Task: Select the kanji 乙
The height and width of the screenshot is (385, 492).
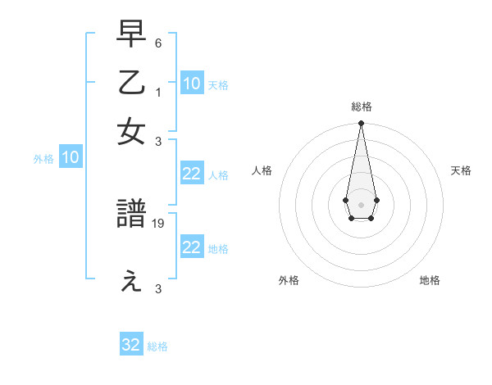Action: [x=132, y=83]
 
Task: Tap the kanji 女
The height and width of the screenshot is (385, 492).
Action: [x=132, y=132]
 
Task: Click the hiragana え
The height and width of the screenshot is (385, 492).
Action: [x=132, y=282]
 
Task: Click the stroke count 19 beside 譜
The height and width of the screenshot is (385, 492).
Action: [x=159, y=223]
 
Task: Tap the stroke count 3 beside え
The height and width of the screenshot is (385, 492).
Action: [x=158, y=289]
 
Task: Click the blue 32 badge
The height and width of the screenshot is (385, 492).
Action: [x=131, y=345]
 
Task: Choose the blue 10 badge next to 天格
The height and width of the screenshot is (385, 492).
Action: [x=191, y=84]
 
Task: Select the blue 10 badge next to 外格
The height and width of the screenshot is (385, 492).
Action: [x=71, y=158]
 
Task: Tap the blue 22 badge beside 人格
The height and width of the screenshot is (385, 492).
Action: [x=191, y=174]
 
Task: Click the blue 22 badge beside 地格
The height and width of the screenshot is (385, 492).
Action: [x=191, y=247]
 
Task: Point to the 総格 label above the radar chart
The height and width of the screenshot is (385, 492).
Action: [x=361, y=106]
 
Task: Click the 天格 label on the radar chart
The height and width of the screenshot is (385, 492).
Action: [x=461, y=170]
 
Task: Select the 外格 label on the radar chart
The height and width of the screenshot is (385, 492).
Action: [x=289, y=280]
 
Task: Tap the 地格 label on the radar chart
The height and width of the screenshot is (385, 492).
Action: [x=430, y=280]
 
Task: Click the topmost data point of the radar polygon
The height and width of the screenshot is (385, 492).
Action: [x=361, y=124]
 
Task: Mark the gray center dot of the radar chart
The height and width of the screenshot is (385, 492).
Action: [x=361, y=203]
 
